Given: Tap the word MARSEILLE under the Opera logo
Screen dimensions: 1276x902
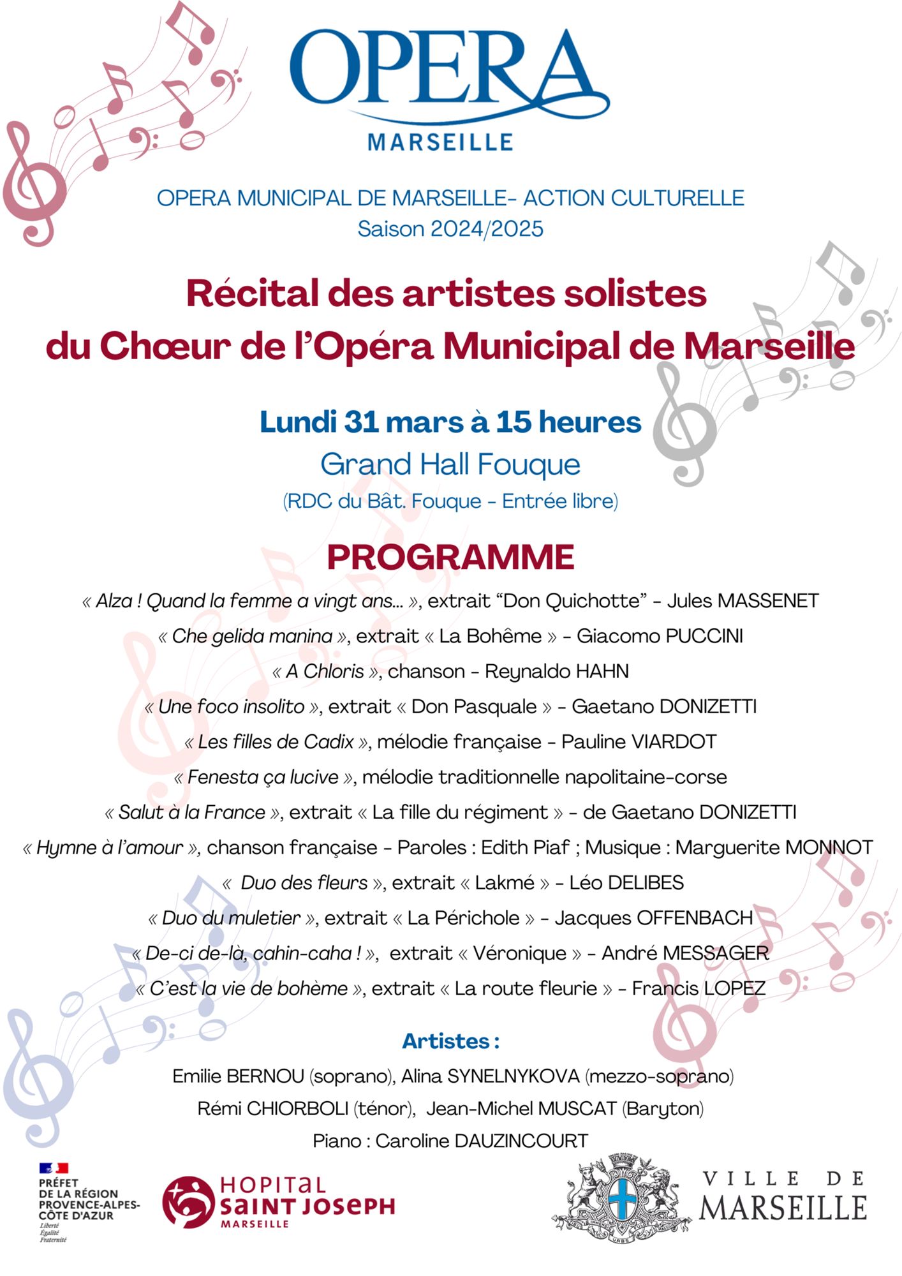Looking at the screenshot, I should (x=440, y=142).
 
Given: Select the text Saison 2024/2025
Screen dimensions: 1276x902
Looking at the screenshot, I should (x=450, y=229).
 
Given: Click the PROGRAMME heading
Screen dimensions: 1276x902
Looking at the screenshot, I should (x=450, y=557).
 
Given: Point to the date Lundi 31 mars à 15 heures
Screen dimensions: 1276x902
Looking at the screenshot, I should (x=450, y=422).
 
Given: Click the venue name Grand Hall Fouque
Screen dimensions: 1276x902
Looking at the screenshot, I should (x=450, y=464).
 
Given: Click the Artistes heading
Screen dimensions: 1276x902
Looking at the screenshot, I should (x=450, y=1041).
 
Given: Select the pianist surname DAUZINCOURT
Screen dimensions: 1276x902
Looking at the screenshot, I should (x=521, y=1141).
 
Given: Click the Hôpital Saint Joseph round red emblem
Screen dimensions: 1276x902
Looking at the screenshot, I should (x=188, y=1202).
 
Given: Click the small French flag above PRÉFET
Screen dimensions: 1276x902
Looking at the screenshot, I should (x=54, y=1168).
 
